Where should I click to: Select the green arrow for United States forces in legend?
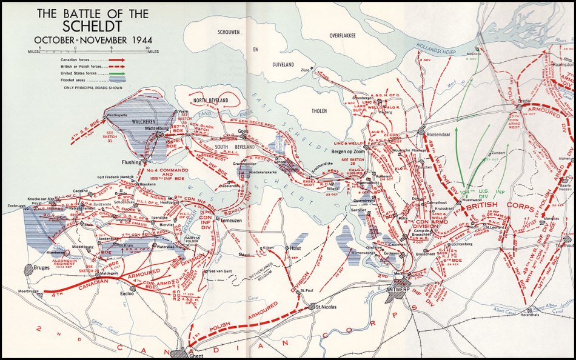point(114,73)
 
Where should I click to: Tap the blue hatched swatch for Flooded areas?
point(115,79)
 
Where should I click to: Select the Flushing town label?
point(132,162)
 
